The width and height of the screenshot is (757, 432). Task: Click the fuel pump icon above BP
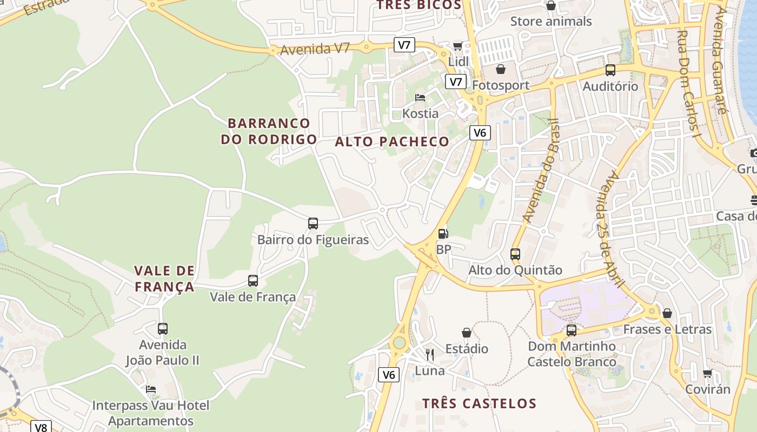click(443, 234)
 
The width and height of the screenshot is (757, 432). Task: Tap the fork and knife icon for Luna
click(430, 355)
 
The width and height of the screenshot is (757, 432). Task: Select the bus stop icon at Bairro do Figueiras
click(313, 224)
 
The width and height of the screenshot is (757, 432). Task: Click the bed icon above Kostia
click(420, 98)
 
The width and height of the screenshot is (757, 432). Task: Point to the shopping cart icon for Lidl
click(459, 46)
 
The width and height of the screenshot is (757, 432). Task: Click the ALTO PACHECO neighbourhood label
click(392, 142)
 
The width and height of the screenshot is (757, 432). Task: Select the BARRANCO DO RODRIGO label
click(269, 131)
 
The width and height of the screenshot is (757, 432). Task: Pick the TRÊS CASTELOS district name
click(479, 403)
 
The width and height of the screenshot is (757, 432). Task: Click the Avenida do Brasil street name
click(540, 170)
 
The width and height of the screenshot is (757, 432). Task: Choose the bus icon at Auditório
click(610, 70)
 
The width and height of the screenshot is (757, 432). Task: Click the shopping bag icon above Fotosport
click(501, 70)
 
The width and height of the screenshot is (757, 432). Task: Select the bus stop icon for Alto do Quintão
click(515, 254)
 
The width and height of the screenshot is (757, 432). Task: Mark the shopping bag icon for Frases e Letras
click(667, 313)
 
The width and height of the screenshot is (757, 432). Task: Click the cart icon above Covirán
click(707, 373)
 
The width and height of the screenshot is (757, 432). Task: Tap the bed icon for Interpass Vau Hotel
click(151, 389)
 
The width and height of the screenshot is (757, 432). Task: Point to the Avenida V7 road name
click(315, 49)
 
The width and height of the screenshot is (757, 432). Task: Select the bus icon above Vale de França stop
click(253, 281)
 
